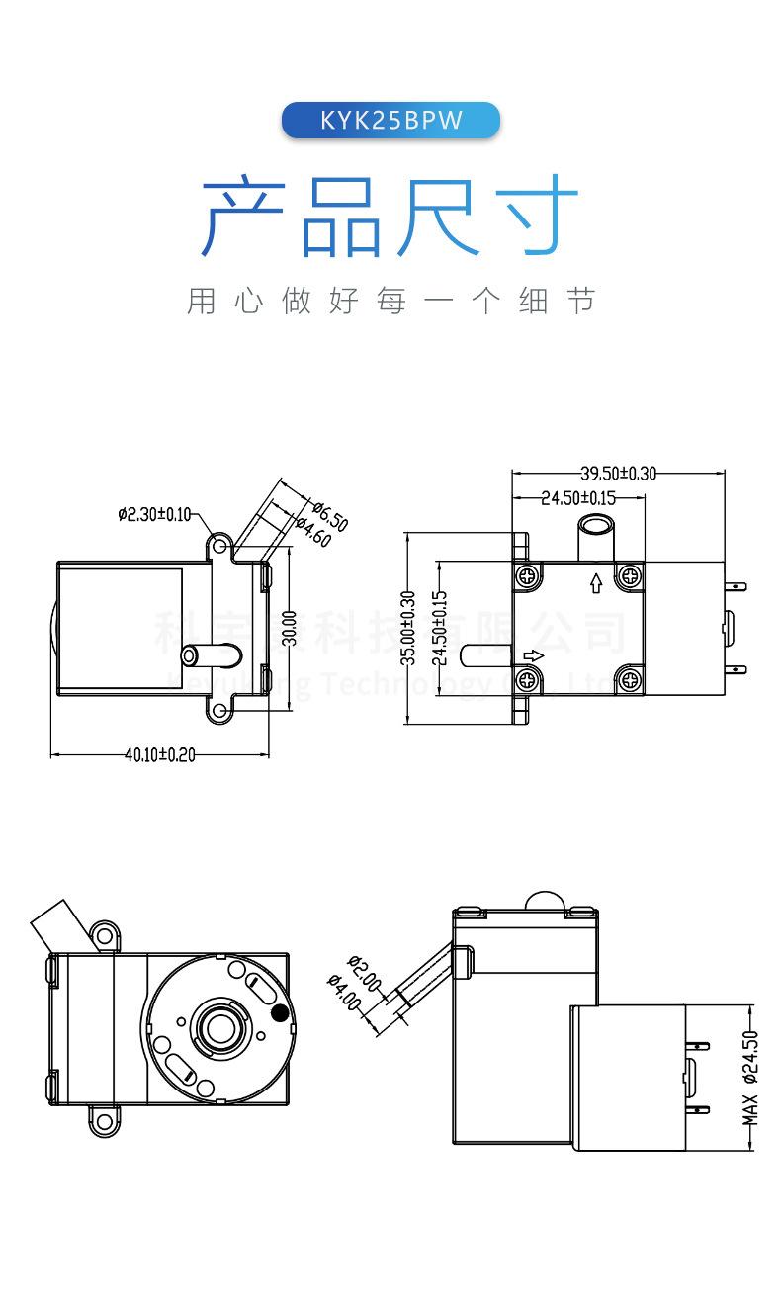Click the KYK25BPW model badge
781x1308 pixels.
(x=390, y=121)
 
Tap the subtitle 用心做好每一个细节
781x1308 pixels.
(x=390, y=301)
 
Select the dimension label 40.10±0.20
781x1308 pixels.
(x=160, y=755)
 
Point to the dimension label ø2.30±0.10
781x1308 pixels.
(x=154, y=514)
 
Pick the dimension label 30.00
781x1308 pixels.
(x=289, y=628)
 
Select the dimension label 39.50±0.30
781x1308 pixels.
(x=618, y=474)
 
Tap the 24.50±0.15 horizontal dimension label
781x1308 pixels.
(x=578, y=498)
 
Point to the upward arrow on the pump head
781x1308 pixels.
(x=595, y=582)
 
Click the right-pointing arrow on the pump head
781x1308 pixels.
(x=532, y=654)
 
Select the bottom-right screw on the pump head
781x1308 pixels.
(x=629, y=677)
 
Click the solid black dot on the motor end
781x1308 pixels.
(x=281, y=1012)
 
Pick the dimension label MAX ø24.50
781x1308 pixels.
(x=750, y=1078)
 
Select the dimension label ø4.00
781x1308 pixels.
(x=344, y=991)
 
